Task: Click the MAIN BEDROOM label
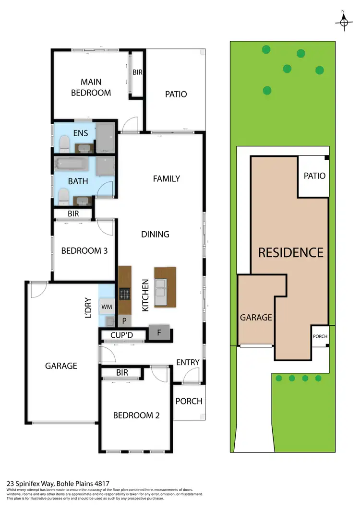[x=91, y=87]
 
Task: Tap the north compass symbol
[x=344, y=21]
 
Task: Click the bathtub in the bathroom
[x=71, y=166]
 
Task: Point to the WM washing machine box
[x=106, y=306]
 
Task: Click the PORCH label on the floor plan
[x=189, y=401]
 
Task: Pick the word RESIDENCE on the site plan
[x=291, y=252]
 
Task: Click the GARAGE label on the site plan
[x=256, y=317]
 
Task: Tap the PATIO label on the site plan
[x=314, y=176]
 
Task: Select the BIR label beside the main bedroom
[x=137, y=72]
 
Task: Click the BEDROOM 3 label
[x=84, y=250]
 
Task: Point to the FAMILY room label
[x=166, y=178]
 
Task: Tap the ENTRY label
[x=188, y=362]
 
